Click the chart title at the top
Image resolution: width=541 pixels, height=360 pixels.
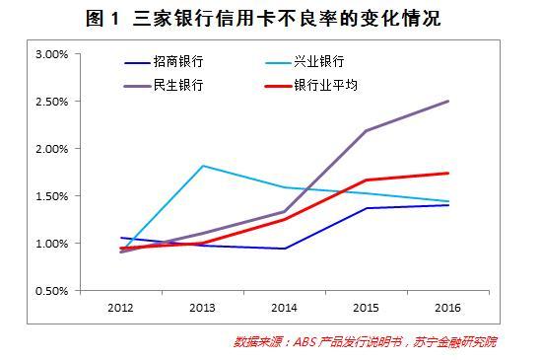(x=263, y=18)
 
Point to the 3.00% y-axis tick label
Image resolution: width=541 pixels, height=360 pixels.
(x=52, y=54)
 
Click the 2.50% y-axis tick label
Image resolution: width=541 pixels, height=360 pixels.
(x=52, y=102)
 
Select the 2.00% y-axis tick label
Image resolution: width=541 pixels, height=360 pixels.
(x=52, y=149)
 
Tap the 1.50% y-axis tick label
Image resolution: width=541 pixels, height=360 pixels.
(x=52, y=196)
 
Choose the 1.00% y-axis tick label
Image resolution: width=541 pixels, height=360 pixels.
(x=52, y=244)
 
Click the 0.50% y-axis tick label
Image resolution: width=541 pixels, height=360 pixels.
(x=52, y=291)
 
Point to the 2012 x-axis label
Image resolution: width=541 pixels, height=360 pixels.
(x=120, y=308)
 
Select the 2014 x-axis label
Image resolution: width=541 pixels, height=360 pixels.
(x=284, y=308)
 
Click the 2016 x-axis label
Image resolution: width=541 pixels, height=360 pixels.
(x=447, y=308)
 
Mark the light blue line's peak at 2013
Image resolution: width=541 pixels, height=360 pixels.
(x=203, y=166)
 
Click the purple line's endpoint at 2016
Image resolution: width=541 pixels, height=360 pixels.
(x=447, y=102)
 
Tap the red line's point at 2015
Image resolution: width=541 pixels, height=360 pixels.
(x=366, y=180)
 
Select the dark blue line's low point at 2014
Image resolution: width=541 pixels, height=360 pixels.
(x=285, y=249)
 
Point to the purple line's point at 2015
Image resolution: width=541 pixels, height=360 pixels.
(x=366, y=130)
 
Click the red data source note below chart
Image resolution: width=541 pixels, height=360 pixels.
(x=365, y=341)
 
